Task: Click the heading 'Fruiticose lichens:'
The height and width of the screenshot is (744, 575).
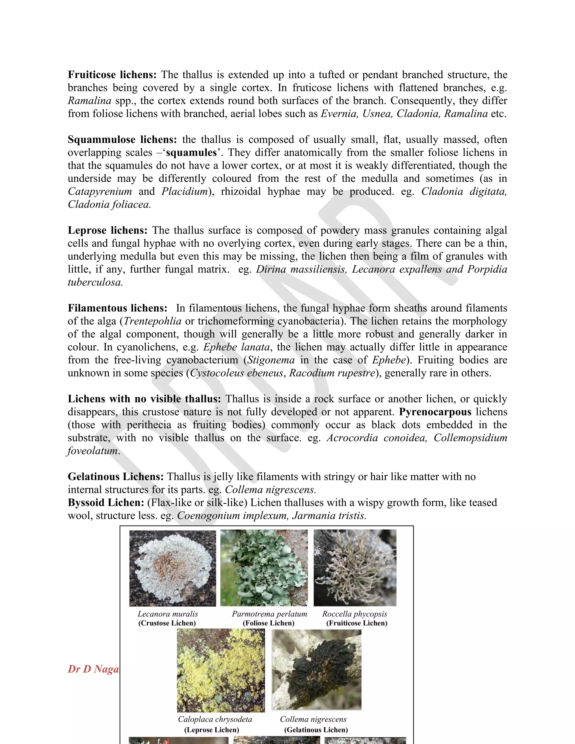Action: point(112,75)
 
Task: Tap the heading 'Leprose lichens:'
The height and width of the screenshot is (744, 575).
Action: point(108,230)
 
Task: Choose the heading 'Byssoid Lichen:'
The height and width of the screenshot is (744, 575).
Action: point(106,503)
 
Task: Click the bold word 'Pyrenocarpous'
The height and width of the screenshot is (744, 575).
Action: point(435,412)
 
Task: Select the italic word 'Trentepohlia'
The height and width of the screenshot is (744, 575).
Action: point(153,321)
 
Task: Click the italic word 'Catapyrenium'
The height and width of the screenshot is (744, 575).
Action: point(100,191)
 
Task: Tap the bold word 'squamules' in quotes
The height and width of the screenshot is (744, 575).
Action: point(191,153)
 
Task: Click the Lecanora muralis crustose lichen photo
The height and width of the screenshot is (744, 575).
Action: point(173,568)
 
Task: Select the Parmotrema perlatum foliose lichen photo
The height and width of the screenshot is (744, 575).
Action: point(264,568)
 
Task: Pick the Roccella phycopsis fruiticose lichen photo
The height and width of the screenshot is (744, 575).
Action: point(355,568)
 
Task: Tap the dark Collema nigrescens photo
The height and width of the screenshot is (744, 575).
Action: point(316,670)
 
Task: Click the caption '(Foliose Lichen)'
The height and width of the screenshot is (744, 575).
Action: point(268,623)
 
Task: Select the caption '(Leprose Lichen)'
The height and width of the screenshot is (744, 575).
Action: point(211,730)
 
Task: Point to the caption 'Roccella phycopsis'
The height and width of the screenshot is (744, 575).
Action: point(355,614)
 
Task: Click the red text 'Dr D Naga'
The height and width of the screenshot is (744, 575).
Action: point(93,669)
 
